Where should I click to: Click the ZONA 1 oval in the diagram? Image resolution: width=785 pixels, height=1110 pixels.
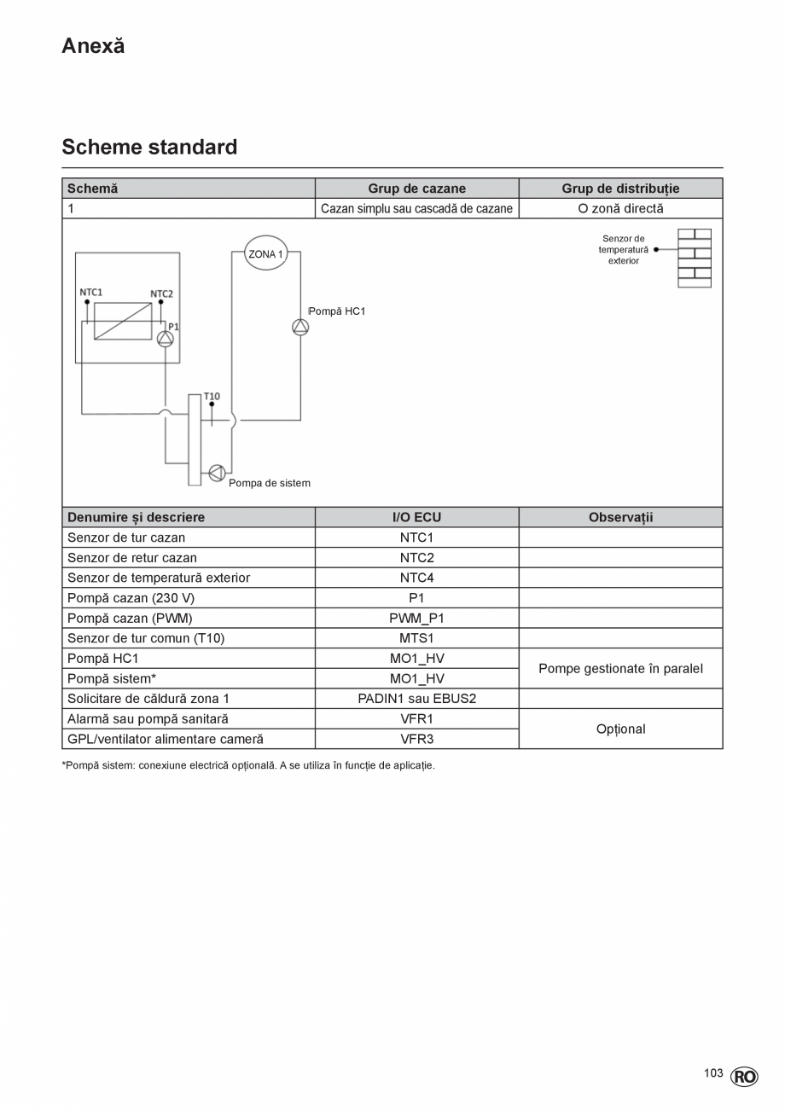(266, 253)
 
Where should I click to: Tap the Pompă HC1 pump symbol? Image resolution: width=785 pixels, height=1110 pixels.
(300, 327)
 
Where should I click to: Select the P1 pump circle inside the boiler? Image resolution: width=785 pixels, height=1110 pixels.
(166, 339)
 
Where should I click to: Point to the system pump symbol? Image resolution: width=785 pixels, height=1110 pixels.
(217, 473)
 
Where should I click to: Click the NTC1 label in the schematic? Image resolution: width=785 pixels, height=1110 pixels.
(91, 292)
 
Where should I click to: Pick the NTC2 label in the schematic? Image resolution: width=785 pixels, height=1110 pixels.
(162, 294)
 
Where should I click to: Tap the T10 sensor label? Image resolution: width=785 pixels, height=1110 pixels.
(212, 396)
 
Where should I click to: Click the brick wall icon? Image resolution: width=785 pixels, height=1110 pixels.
(695, 258)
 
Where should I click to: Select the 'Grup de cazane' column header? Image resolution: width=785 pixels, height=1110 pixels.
(416, 189)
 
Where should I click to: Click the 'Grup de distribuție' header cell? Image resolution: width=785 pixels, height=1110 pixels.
(620, 189)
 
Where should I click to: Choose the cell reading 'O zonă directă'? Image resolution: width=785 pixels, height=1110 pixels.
(620, 208)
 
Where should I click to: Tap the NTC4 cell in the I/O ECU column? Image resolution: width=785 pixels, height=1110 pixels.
(416, 578)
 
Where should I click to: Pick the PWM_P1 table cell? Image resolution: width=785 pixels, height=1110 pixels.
(416, 618)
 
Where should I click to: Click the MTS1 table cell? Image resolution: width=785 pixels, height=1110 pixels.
(416, 638)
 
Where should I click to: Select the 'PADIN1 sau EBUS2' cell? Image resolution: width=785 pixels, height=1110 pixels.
(416, 699)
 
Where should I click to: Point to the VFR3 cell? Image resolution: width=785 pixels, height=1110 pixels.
(416, 739)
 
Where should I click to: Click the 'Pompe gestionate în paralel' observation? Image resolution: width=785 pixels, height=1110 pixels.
(620, 669)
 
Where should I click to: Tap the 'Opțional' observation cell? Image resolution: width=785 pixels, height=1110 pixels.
(620, 729)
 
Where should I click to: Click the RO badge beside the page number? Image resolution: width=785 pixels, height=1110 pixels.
(744, 1077)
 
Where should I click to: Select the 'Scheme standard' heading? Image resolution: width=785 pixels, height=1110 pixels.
(149, 147)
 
